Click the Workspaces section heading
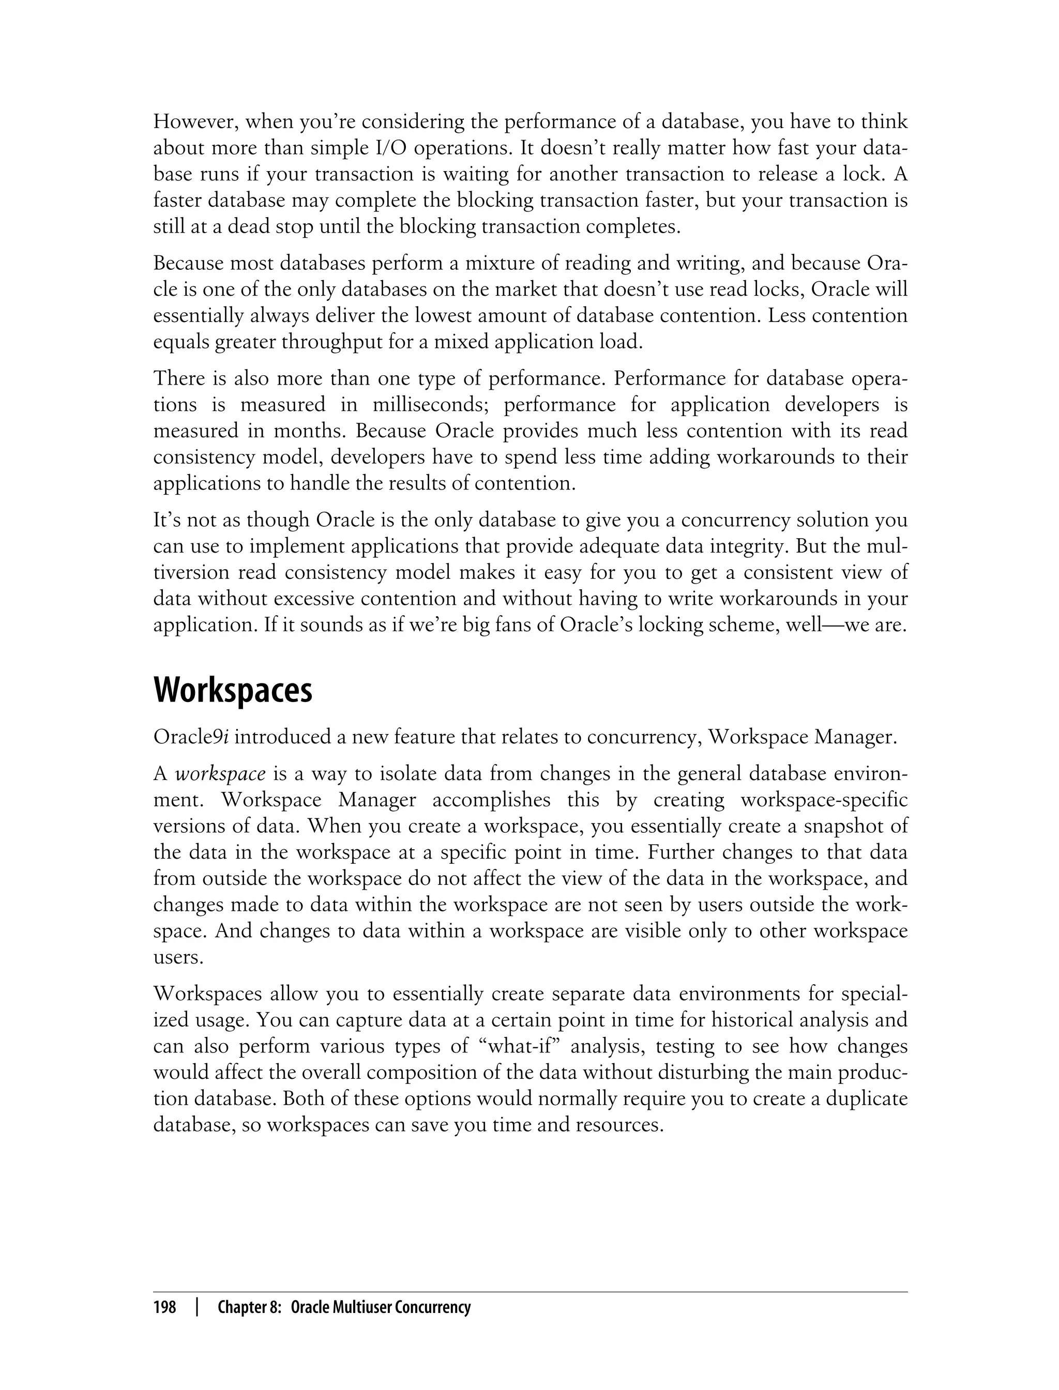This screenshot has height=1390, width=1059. click(233, 691)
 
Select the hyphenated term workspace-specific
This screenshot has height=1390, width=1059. click(824, 800)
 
